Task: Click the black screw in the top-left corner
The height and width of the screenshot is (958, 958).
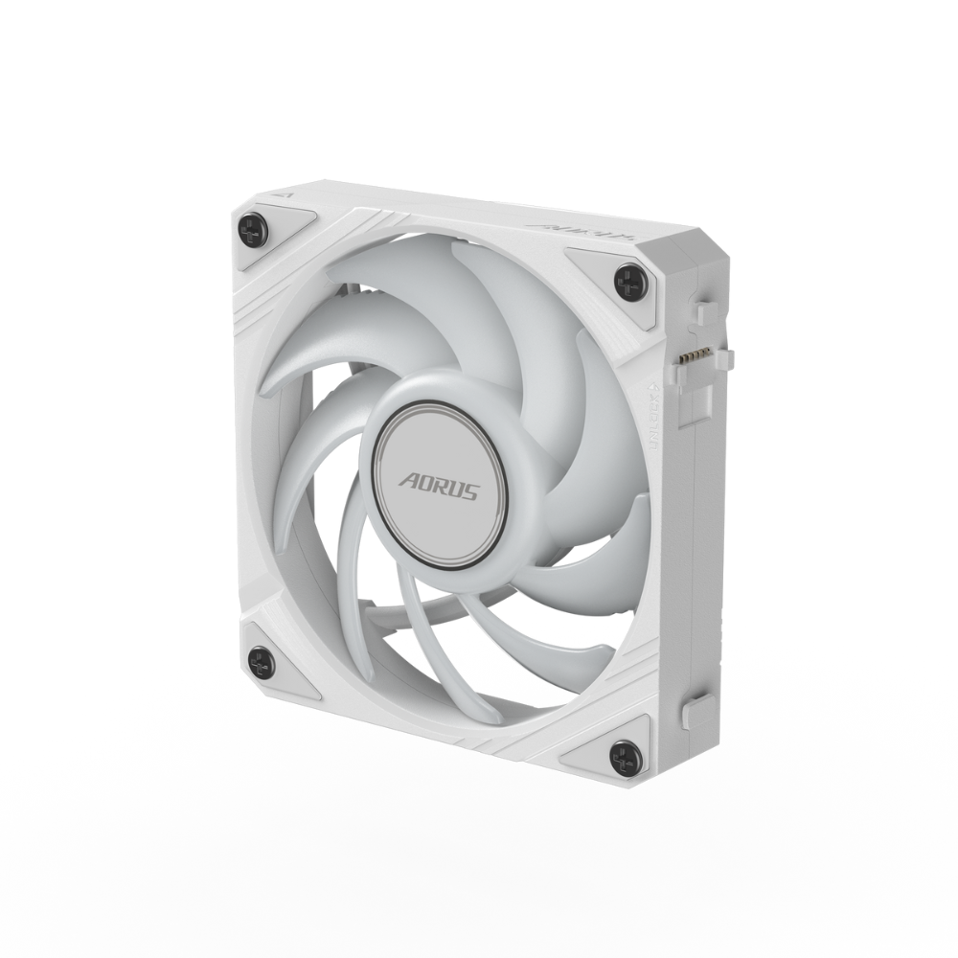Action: click(x=251, y=229)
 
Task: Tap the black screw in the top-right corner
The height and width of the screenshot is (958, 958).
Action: click(x=630, y=282)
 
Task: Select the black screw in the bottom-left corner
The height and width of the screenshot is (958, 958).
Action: click(x=261, y=662)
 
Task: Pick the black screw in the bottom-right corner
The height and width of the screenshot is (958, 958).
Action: click(x=625, y=754)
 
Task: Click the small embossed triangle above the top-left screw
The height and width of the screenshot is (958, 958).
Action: click(x=281, y=193)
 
